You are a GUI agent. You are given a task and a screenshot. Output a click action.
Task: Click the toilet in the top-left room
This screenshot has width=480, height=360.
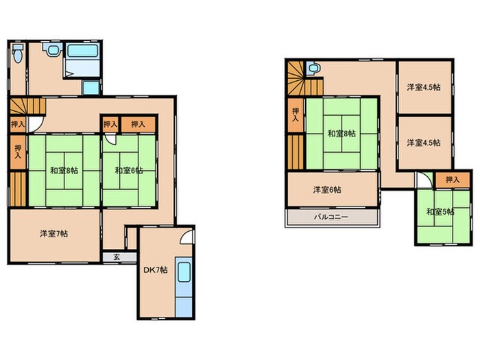click(18, 53)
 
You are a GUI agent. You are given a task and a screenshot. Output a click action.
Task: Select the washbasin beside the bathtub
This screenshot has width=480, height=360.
click(53, 49)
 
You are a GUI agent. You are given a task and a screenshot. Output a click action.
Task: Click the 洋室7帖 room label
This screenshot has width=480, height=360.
click(54, 234)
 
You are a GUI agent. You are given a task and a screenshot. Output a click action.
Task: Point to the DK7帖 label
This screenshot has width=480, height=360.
click(156, 270)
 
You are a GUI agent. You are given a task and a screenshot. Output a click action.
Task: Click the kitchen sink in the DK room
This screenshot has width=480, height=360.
click(184, 272)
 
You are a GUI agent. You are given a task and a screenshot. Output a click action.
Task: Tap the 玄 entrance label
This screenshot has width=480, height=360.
click(117, 257)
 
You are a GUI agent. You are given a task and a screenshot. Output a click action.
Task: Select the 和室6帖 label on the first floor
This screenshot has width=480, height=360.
click(129, 170)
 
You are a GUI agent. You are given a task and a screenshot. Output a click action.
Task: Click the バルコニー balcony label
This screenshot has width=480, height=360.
click(331, 217)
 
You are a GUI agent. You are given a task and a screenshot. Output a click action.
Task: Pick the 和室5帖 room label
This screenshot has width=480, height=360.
click(440, 211)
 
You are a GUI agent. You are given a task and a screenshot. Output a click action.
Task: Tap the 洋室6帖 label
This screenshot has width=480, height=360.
click(327, 190)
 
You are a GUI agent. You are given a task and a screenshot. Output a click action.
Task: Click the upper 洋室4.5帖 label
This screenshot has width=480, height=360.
click(424, 87)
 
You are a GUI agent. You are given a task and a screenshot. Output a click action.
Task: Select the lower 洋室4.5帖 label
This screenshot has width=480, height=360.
click(424, 143)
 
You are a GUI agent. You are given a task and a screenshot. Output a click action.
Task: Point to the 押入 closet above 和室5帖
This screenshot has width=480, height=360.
click(453, 180)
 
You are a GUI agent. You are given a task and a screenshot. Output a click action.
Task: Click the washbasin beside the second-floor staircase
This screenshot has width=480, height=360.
click(313, 68)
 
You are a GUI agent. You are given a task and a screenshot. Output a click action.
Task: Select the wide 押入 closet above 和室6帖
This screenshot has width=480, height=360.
click(139, 124)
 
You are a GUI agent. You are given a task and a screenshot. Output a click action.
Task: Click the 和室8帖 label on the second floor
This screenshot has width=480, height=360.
click(341, 134)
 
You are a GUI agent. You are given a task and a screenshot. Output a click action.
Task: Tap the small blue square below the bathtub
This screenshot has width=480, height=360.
click(91, 88)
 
